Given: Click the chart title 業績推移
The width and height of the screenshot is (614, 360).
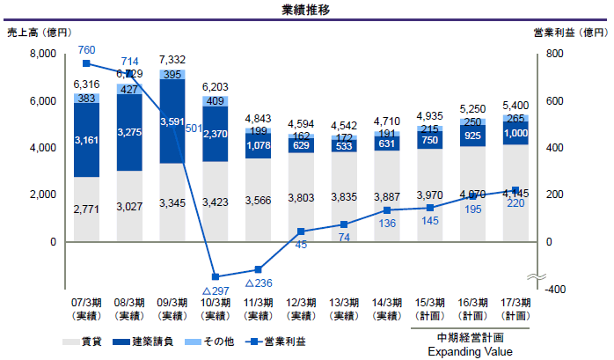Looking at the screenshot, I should tap(306, 10).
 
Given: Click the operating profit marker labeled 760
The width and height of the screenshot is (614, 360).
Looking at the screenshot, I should tap(86, 63).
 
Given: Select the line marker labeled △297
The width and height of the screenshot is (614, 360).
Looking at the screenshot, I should tap(216, 277).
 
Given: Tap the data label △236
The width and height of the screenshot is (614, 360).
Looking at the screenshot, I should tap(259, 283).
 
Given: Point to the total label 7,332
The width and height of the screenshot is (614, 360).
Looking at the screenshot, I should tap(172, 59).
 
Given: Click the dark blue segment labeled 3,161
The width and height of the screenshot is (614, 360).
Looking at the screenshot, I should tap(86, 140).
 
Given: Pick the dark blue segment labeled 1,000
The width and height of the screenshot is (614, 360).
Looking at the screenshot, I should tap(516, 133).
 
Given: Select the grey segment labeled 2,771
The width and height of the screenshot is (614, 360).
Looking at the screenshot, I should tap(86, 211).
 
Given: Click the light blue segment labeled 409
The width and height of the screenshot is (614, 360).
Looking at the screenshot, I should tap(216, 99).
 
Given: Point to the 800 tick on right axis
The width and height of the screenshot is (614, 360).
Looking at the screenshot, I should tap(551, 55).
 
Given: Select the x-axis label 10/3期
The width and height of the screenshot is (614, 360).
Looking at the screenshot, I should tap(216, 302).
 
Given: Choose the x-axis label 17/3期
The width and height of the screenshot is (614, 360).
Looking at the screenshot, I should tap(516, 302).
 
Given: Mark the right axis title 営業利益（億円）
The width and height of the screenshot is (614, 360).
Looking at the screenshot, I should tap(571, 33).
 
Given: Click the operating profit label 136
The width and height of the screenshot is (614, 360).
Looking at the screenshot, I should tap(388, 224).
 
